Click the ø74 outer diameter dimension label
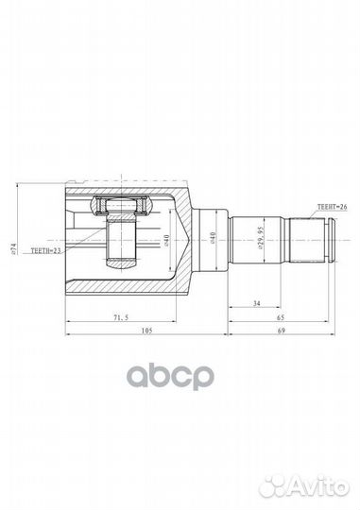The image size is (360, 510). [x=13, y=247]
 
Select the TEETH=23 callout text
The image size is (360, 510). [x=45, y=250]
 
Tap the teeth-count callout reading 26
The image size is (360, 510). [x=332, y=206]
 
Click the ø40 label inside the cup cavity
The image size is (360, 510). [x=166, y=240]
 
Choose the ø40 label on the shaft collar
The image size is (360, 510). [x=214, y=238]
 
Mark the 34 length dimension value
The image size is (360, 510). [x=257, y=303]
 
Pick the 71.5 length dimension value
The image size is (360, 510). [x=121, y=317]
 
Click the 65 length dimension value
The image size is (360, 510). [x=281, y=317]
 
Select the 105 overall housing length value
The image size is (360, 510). [x=147, y=331]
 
